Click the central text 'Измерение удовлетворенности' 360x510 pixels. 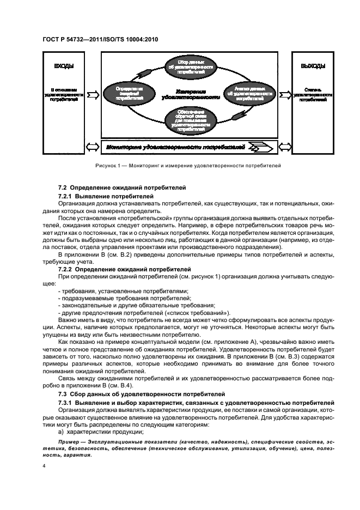(191, 94)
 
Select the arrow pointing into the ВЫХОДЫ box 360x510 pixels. (285, 95)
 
